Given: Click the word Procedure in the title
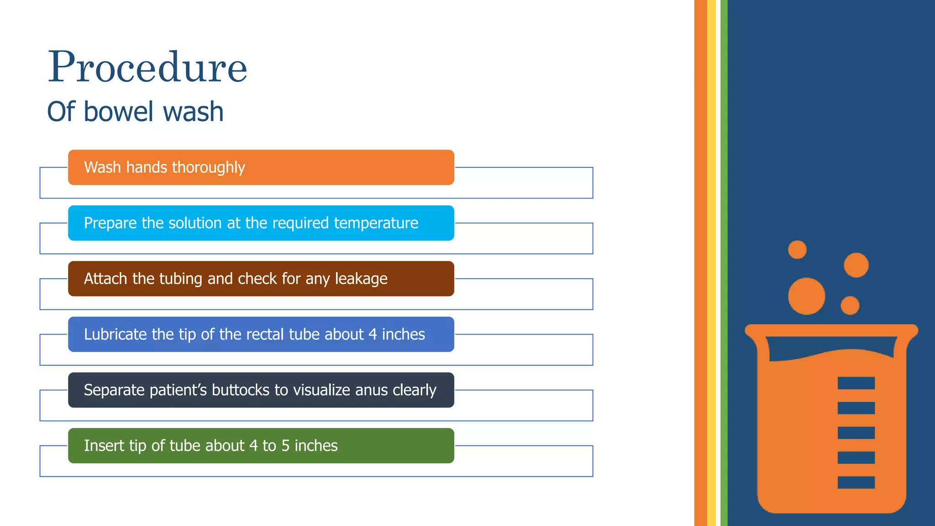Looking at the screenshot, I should point(147,68).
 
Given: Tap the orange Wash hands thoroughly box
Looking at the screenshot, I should point(261,168).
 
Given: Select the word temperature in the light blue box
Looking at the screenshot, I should point(376,223).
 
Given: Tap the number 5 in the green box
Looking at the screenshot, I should point(285,446).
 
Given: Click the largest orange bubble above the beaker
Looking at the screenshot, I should point(806,296).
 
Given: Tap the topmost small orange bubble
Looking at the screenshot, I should point(797,250).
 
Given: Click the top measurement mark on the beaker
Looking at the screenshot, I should point(856,383).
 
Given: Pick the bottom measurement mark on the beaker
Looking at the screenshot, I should point(856,482).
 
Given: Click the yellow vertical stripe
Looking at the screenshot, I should point(711,263).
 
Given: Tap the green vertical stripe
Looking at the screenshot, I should point(724,263).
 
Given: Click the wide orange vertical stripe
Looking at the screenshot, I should point(700,263).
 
